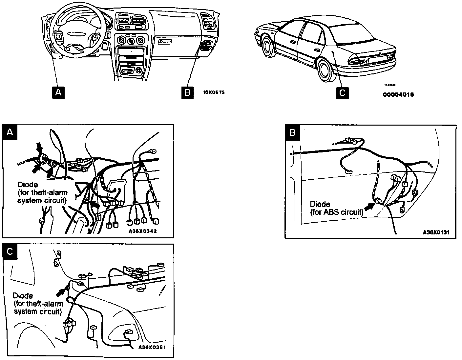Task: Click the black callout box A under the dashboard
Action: [58, 93]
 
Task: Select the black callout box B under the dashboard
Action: [187, 93]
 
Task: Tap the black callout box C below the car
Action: [342, 93]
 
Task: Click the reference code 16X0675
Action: [214, 93]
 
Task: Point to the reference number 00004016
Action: [398, 95]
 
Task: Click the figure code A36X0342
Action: [142, 231]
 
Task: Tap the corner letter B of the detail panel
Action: [292, 132]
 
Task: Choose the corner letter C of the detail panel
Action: [10, 251]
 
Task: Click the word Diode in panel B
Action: [320, 205]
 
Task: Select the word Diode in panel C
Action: [23, 296]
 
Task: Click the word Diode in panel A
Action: [28, 185]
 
